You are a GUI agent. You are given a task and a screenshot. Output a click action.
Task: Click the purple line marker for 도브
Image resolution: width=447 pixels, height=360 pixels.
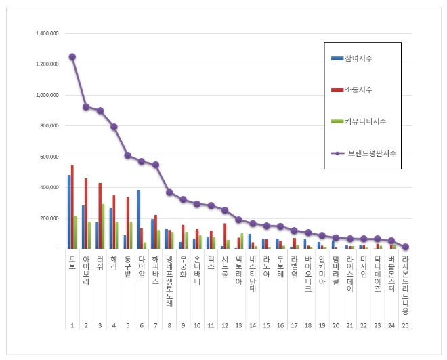(x=72, y=57)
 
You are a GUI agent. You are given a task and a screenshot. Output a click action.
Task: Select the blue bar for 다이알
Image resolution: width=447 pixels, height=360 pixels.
(x=138, y=220)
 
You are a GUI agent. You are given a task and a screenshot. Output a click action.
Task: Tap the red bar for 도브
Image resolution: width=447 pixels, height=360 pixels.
(x=72, y=207)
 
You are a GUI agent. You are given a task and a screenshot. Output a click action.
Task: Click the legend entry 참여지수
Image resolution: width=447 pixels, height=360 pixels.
(x=358, y=59)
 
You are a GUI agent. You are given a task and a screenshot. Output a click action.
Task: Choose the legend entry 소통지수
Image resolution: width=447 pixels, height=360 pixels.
(x=358, y=90)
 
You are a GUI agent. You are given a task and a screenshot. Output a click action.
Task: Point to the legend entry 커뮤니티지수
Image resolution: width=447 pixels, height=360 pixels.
(x=363, y=121)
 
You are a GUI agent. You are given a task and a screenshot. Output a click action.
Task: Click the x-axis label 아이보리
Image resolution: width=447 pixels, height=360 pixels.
(x=86, y=271)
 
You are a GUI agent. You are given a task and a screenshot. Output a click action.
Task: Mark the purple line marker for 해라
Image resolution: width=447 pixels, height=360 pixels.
(x=114, y=127)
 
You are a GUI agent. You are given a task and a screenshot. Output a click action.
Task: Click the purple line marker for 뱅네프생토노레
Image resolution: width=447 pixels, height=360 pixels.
(x=169, y=193)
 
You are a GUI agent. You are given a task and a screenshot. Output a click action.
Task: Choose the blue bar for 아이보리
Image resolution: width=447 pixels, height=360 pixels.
(x=83, y=227)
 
